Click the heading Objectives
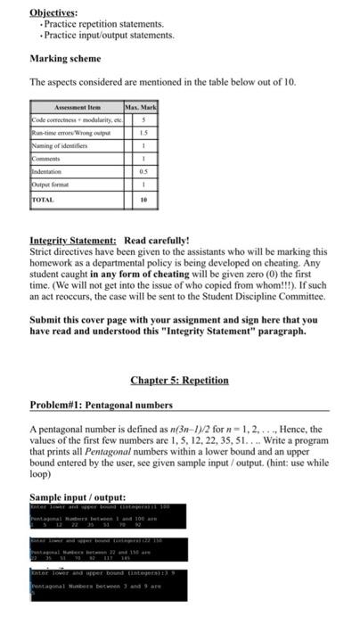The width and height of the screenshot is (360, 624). [53, 12]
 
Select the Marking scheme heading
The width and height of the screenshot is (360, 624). [65, 59]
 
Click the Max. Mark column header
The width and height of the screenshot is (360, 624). [142, 106]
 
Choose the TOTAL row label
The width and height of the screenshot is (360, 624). [43, 200]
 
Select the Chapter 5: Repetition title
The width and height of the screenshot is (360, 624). [179, 380]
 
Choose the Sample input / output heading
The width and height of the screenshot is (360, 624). [78, 497]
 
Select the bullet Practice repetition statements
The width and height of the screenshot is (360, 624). [97, 24]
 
